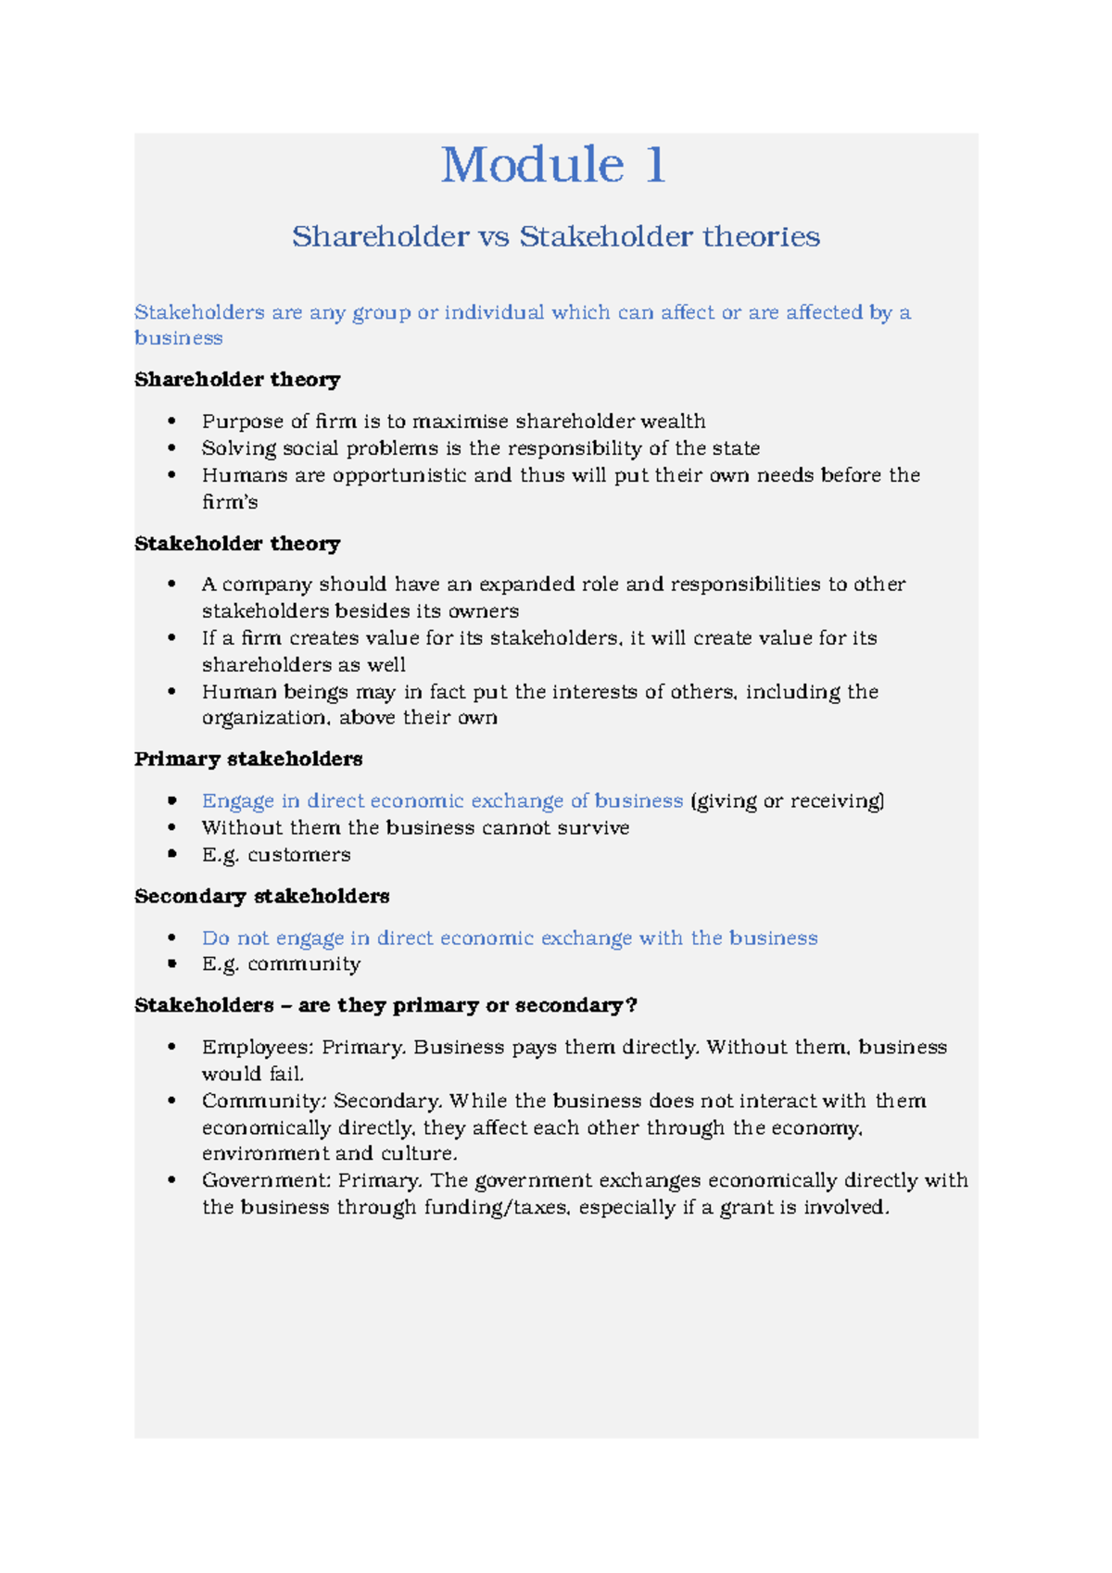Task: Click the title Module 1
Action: tap(553, 166)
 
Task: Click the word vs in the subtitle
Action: tap(494, 237)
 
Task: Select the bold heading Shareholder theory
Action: tap(237, 380)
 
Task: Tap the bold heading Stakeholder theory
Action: tap(237, 544)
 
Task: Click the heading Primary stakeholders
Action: tap(248, 760)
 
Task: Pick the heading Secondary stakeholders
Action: tap(261, 897)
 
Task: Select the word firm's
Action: tap(230, 502)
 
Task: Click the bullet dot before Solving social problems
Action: tap(171, 448)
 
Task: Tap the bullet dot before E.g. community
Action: tap(171, 964)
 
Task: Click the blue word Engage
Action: tap(238, 801)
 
